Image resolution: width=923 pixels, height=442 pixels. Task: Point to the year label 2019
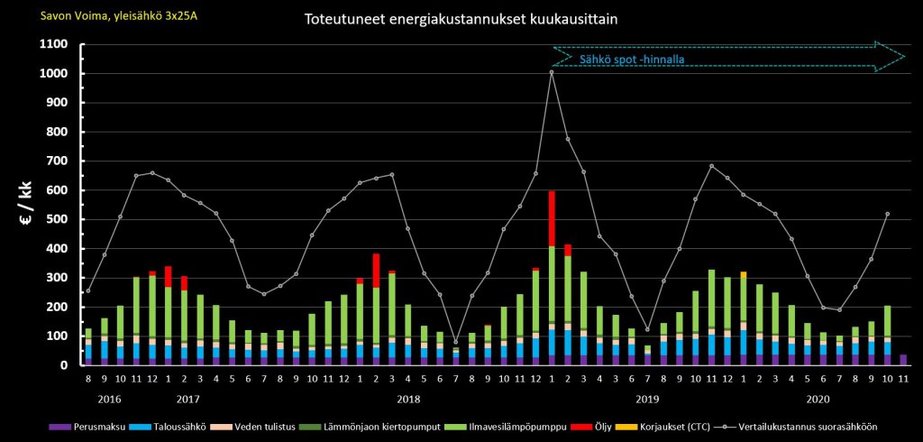coord(647,399)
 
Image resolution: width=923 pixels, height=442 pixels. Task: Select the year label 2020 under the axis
coord(818,399)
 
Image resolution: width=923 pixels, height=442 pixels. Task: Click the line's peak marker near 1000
coord(552,72)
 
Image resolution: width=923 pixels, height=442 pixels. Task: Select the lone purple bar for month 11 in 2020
coord(903,360)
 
